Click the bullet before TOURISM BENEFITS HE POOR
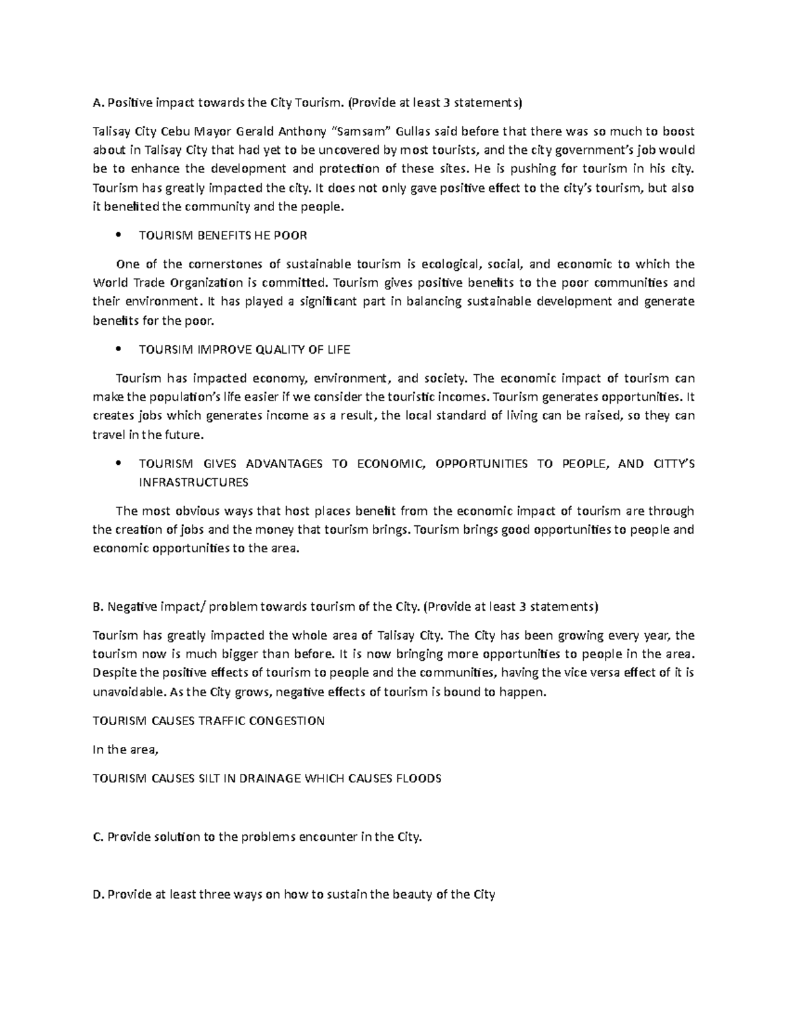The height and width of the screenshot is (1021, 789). pyautogui.click(x=117, y=235)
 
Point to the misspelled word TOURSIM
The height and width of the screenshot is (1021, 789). pyautogui.click(x=164, y=349)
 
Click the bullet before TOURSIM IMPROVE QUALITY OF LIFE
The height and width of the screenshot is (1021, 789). pyautogui.click(x=117, y=349)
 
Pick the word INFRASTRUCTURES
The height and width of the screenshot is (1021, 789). pyautogui.click(x=193, y=482)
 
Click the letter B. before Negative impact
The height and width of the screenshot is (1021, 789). pyautogui.click(x=99, y=606)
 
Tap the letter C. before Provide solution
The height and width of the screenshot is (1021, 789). pyautogui.click(x=99, y=837)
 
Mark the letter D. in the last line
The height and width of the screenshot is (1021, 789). pyautogui.click(x=99, y=894)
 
